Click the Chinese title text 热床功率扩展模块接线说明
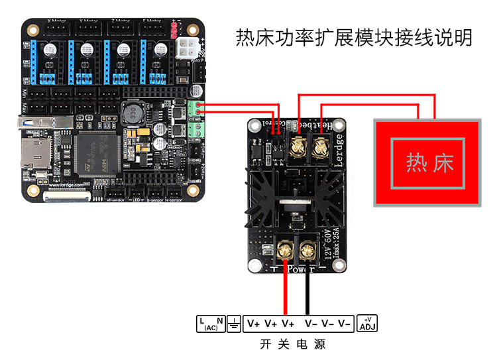(354, 38)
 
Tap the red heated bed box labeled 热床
(427, 163)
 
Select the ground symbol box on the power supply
(233, 323)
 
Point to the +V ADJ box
(366, 323)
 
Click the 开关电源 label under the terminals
(292, 345)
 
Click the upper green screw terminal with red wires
(194, 108)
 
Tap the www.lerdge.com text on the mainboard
(67, 186)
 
